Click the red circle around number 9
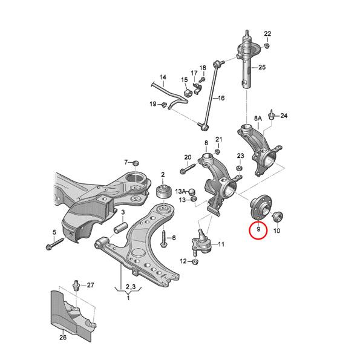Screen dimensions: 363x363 click(258, 229)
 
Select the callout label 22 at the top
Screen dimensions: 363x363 click(268, 33)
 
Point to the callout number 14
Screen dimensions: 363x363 click(162, 77)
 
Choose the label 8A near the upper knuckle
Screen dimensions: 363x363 click(258, 119)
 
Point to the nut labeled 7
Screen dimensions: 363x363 click(136, 162)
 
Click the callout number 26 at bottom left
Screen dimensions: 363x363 click(62, 338)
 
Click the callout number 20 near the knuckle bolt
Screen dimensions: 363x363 click(188, 157)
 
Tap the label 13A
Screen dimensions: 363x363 click(181, 191)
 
